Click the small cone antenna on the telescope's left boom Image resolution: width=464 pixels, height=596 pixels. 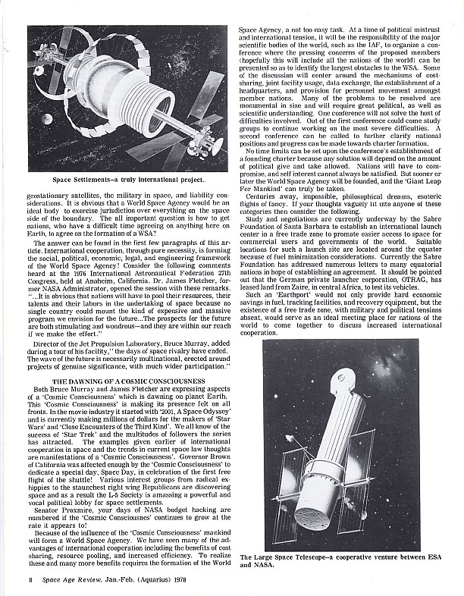(x=291, y=442)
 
